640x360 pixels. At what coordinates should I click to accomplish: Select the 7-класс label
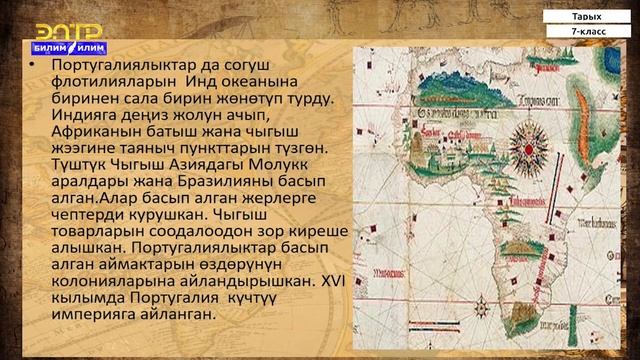pos(587,33)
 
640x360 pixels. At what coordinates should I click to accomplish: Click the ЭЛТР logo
pos(60,30)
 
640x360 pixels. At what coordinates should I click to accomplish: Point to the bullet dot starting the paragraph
pos(34,64)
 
